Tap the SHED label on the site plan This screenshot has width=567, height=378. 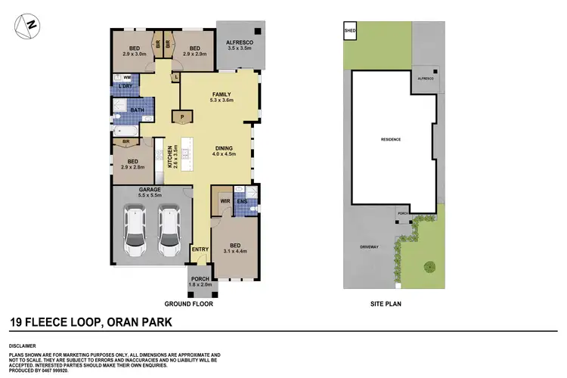pyautogui.click(x=349, y=31)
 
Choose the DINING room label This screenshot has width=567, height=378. pyautogui.click(x=223, y=148)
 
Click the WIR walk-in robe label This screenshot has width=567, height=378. pyautogui.click(x=225, y=201)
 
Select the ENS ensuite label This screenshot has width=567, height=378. pyautogui.click(x=243, y=201)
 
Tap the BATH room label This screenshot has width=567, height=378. pyautogui.click(x=136, y=110)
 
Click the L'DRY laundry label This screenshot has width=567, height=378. pyautogui.click(x=125, y=87)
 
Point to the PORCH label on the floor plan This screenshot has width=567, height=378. pyautogui.click(x=200, y=279)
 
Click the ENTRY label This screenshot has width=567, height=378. pyautogui.click(x=200, y=249)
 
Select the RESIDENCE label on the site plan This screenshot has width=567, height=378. pyautogui.click(x=390, y=140)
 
